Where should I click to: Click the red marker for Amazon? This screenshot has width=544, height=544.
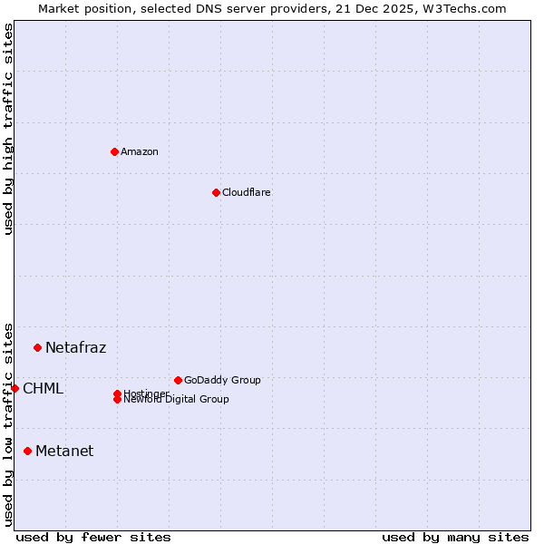point(114,151)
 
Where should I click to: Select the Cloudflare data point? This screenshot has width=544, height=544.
point(216,192)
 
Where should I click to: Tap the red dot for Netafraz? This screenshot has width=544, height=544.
point(37,347)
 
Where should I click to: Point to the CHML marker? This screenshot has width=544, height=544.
point(15,388)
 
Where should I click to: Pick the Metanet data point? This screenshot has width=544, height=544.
point(27,451)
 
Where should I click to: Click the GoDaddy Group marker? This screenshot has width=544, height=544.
point(178,380)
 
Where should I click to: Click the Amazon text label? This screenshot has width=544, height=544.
point(140,151)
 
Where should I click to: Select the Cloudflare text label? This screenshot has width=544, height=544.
point(246,192)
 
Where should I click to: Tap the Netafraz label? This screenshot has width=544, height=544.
point(75,347)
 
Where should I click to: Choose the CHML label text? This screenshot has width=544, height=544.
point(43,389)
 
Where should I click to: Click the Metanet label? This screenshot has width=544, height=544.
point(63,451)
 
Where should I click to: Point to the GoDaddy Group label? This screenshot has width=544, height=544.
point(222,380)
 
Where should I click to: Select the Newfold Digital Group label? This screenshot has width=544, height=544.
point(176,400)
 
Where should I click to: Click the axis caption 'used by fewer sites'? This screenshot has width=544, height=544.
point(93,537)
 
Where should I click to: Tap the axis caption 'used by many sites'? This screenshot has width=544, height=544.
point(455,537)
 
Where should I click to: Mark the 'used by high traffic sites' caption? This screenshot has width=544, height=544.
point(8,129)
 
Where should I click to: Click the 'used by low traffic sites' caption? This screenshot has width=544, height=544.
point(8,423)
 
